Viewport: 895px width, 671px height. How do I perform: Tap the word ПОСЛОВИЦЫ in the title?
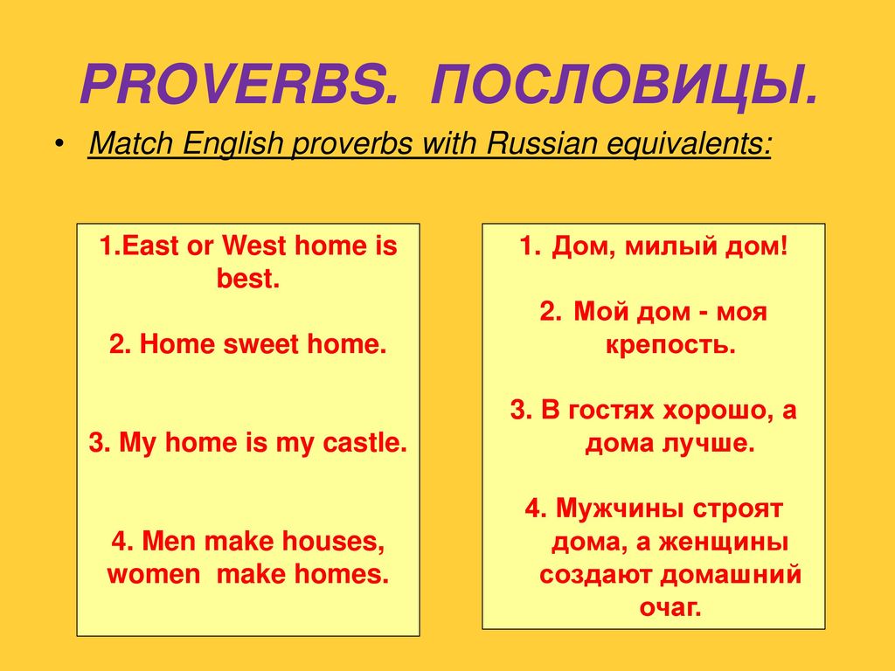coord(624,86)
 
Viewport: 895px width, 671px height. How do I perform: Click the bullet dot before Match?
coord(59,143)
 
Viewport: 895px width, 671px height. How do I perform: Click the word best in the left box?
coord(247,279)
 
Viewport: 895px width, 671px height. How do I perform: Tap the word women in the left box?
coord(154,574)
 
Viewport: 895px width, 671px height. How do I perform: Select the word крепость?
coord(670,345)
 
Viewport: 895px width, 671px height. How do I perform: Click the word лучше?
coord(708,443)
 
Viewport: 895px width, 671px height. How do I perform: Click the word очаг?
coord(670,607)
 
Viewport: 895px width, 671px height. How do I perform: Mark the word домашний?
coord(731,574)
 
